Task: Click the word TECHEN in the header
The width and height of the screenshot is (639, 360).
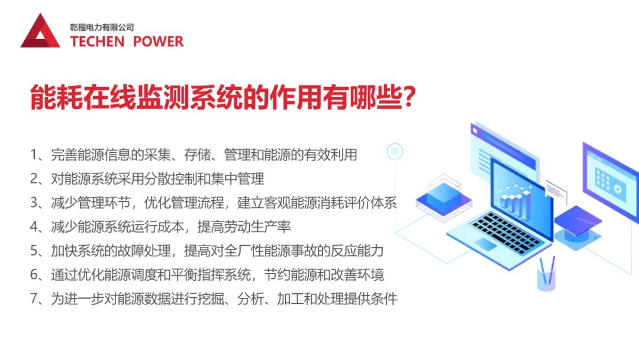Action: click(x=97, y=41)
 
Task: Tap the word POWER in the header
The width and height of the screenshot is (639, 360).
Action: click(x=158, y=41)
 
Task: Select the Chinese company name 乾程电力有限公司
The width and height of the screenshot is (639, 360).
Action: click(x=102, y=27)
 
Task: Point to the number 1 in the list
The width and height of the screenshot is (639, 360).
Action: click(x=34, y=155)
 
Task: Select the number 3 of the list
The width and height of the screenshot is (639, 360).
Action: click(x=34, y=202)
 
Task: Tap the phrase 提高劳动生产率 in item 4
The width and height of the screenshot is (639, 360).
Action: click(x=244, y=227)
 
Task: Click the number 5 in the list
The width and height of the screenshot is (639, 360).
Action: click(x=34, y=250)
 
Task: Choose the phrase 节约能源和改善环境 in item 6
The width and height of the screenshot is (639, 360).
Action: click(x=324, y=275)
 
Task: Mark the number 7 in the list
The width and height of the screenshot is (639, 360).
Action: click(x=34, y=299)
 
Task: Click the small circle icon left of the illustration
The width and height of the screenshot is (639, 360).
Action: click(x=395, y=152)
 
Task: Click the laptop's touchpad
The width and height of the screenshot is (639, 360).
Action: click(x=486, y=244)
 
